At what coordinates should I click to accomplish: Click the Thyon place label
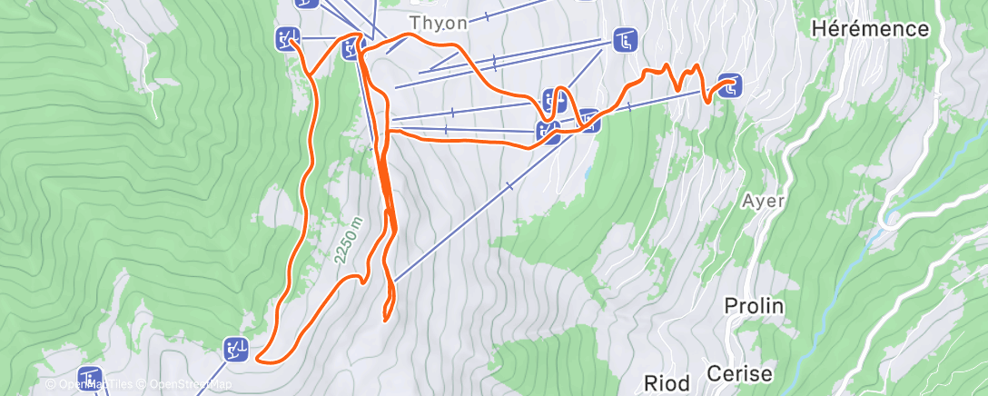point(439,22)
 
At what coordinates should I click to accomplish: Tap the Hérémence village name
point(869,29)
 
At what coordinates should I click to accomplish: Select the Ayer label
point(762,200)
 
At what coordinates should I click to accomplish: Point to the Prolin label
point(754,306)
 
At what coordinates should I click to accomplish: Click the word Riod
point(667,381)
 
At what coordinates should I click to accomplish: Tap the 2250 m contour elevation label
point(348,241)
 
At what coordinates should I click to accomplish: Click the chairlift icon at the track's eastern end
point(731,86)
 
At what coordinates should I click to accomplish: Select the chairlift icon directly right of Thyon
point(625,40)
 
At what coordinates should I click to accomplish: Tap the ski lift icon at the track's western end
point(287,38)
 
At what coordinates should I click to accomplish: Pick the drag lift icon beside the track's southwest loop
point(236,347)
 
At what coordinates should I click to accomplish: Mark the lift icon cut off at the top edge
point(307,3)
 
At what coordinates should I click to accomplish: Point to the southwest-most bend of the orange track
point(260,359)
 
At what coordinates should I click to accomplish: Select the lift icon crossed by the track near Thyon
point(352,48)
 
